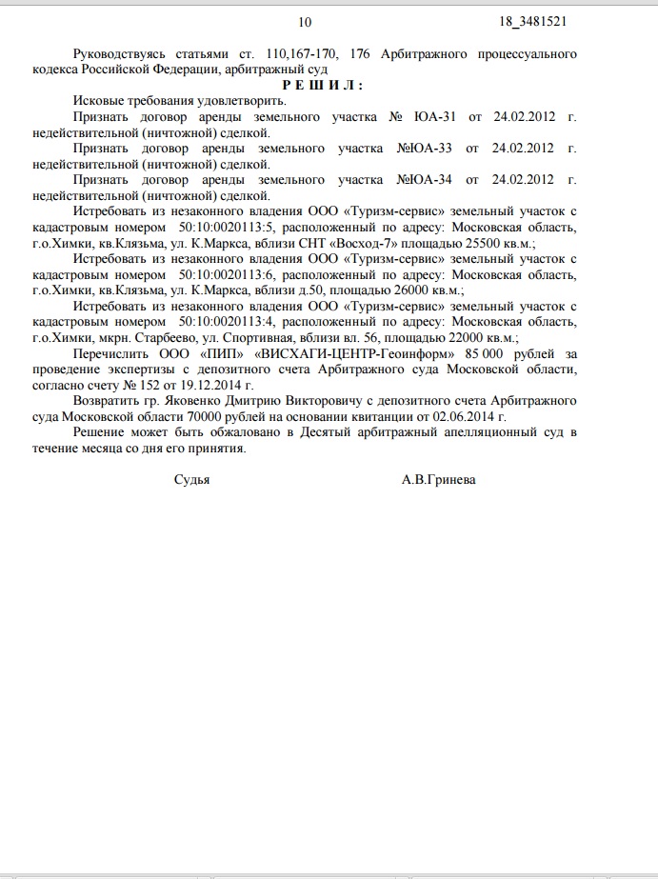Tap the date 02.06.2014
coord(467,415)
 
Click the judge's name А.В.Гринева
coord(439,480)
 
